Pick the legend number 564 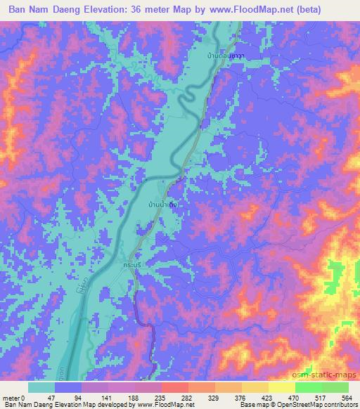tap(347, 398)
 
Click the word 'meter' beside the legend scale tap(11, 398)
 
